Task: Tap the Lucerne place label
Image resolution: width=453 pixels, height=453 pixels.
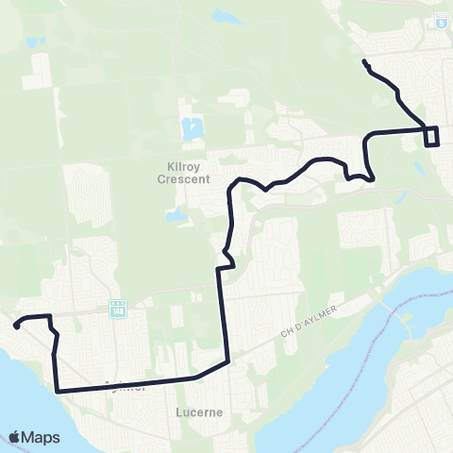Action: click(199, 412)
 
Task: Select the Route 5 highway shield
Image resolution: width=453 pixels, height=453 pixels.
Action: click(441, 21)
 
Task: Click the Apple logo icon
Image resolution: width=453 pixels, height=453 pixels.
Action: click(15, 437)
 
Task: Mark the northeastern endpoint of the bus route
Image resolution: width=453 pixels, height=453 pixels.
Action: click(364, 62)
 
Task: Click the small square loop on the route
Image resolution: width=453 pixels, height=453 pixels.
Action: click(432, 136)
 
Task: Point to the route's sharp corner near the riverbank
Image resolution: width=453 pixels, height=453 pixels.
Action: click(57, 390)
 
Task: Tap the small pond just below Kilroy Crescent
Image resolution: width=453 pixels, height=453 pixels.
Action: click(176, 215)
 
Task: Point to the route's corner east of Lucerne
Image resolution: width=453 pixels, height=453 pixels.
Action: click(227, 361)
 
